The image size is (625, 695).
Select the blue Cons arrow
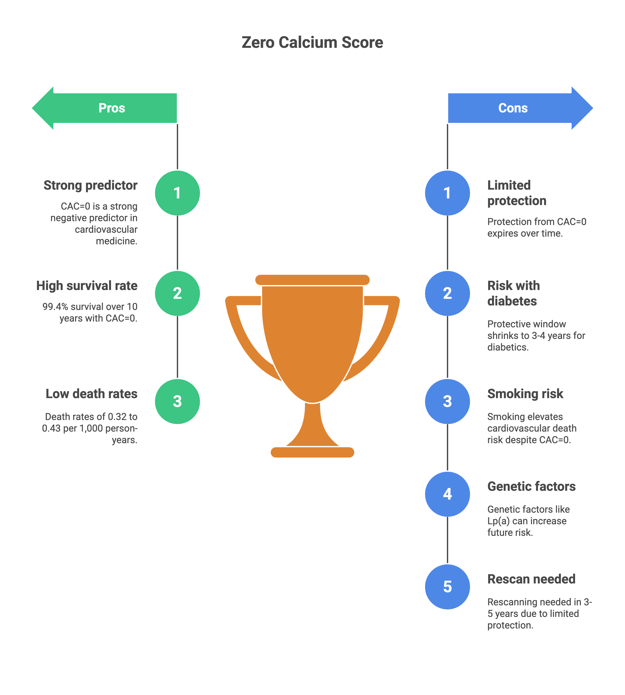click(518, 108)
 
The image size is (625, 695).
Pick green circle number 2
click(177, 293)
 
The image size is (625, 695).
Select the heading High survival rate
click(87, 286)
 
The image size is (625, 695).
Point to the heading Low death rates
click(91, 394)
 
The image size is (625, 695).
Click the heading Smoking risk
click(525, 394)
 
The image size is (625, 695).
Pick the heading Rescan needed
click(531, 579)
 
